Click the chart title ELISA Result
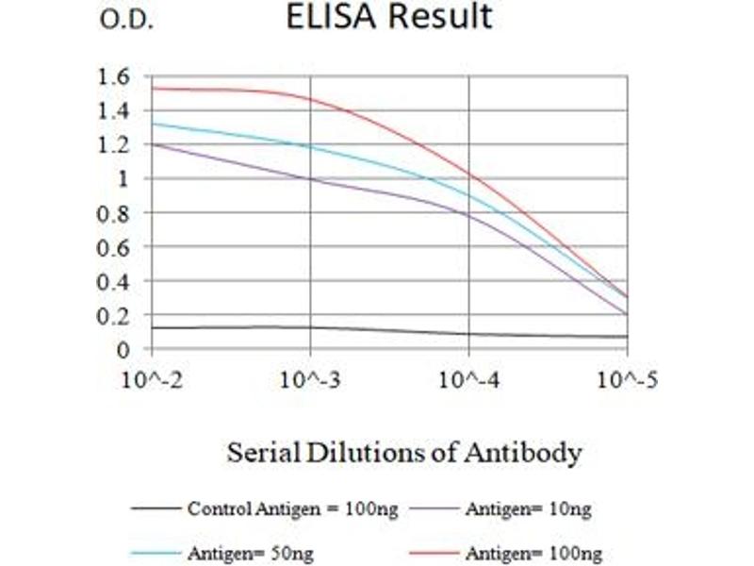pyautogui.click(x=388, y=17)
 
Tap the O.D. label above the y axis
pyautogui.click(x=125, y=21)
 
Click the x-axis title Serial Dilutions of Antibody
pyautogui.click(x=403, y=454)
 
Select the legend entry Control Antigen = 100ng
pyautogui.click(x=292, y=509)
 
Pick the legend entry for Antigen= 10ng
pyautogui.click(x=528, y=509)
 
